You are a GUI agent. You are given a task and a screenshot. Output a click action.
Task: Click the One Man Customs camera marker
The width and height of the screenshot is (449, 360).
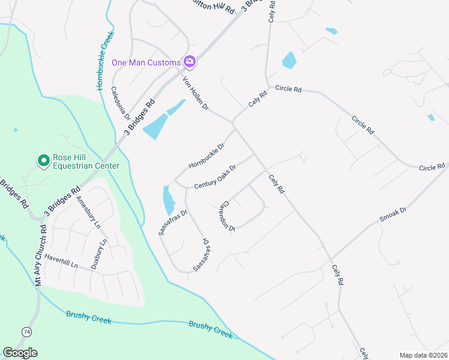coord(190,62)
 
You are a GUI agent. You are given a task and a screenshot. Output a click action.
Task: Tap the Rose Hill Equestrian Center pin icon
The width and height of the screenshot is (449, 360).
coord(43,161)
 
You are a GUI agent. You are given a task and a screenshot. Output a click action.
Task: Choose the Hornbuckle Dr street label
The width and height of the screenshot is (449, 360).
coord(206,155)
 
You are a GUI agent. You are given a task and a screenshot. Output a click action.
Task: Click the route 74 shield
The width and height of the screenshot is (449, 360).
coord(26,332)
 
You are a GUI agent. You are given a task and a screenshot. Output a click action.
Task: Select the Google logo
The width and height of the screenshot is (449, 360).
coord(20,353)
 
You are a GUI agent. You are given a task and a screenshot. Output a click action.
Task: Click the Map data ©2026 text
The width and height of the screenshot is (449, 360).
coord(423,355)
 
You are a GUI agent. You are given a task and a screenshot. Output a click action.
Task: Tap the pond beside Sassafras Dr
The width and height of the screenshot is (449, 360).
coord(167,200)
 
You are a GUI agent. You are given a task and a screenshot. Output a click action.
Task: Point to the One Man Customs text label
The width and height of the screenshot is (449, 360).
coord(146,62)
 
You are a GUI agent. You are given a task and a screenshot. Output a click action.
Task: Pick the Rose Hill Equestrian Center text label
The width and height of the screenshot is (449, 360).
coord(86,161)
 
